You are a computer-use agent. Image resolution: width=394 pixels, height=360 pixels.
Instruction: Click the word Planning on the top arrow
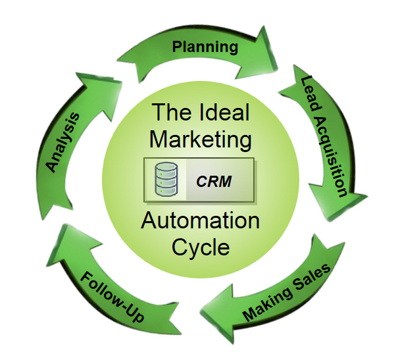coord(205,47)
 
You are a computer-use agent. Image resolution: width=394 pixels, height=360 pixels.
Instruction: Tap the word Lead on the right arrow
coord(311,93)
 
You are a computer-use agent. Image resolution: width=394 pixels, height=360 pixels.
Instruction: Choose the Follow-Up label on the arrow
coord(112,297)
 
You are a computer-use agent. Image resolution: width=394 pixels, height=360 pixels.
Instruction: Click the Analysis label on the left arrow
coord(62,142)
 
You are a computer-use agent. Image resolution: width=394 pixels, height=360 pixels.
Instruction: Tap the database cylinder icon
coord(166,179)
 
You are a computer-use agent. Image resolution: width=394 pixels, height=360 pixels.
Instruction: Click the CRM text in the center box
coord(214,182)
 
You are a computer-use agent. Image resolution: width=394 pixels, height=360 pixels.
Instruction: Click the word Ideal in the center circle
coord(225,113)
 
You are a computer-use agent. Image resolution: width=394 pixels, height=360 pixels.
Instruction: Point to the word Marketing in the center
coord(200,140)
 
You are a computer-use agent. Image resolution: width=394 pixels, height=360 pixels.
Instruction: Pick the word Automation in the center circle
coord(200,220)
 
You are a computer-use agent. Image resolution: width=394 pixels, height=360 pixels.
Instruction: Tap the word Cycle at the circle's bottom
coord(201,247)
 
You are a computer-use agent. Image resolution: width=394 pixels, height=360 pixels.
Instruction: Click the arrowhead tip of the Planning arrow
coord(277,68)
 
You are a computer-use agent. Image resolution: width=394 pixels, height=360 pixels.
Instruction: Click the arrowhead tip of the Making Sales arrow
coord(200,312)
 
